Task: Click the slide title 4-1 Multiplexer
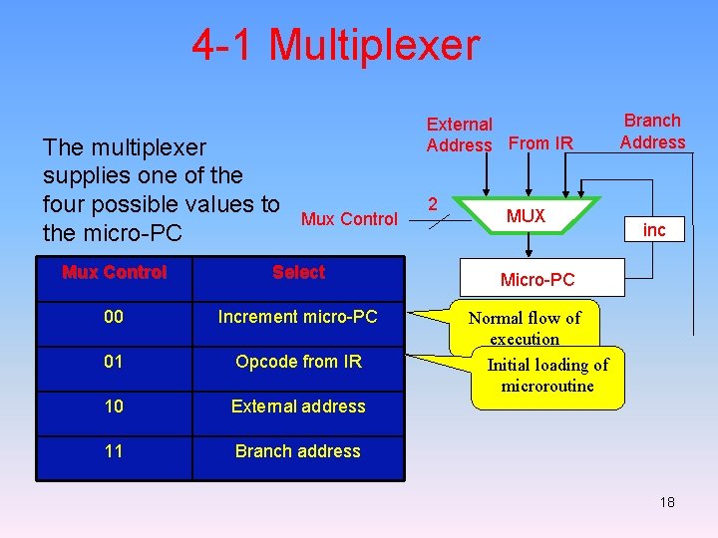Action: point(336,45)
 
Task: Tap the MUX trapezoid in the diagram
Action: point(526,216)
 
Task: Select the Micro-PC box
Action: point(537,280)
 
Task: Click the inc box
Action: point(654,230)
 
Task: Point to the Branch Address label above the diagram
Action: point(652,132)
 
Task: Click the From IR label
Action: point(540,143)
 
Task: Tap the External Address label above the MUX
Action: point(460,134)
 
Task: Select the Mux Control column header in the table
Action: point(114,272)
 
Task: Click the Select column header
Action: point(298,272)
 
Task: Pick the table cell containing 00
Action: point(114,317)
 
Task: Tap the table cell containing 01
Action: point(114,362)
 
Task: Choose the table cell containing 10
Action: point(114,406)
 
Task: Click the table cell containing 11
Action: point(114,451)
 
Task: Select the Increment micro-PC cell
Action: point(298,317)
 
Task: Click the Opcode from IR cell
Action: point(298,362)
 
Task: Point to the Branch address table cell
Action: point(298,451)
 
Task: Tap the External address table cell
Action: point(298,406)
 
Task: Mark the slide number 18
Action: point(667,502)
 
